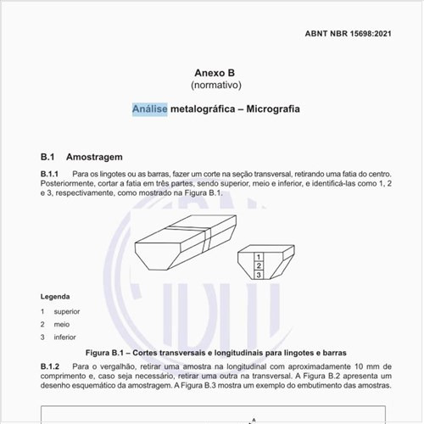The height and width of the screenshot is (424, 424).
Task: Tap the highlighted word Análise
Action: pos(149,109)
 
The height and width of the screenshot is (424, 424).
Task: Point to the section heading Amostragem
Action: pos(94,157)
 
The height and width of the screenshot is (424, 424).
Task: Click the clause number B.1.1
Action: pos(52,173)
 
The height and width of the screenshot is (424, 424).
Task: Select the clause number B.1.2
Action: pos(52,365)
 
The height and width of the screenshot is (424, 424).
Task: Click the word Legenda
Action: pos(55,297)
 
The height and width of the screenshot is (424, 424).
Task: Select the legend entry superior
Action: pos(66,311)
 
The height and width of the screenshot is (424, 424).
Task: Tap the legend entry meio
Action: pos(61,324)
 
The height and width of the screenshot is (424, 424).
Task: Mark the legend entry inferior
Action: pos(64,337)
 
